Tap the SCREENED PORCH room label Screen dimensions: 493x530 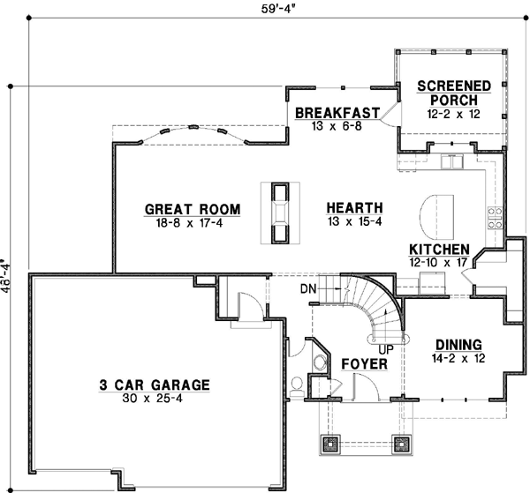tap(454, 93)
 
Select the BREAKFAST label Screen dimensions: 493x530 tap(337, 113)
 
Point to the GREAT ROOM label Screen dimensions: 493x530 tap(193, 209)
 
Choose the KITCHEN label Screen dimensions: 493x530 tap(439, 250)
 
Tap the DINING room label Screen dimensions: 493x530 tap(457, 345)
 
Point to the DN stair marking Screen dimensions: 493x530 tap(307, 288)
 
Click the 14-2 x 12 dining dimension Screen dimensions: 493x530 tap(457, 358)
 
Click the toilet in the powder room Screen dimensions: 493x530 tap(299, 361)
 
